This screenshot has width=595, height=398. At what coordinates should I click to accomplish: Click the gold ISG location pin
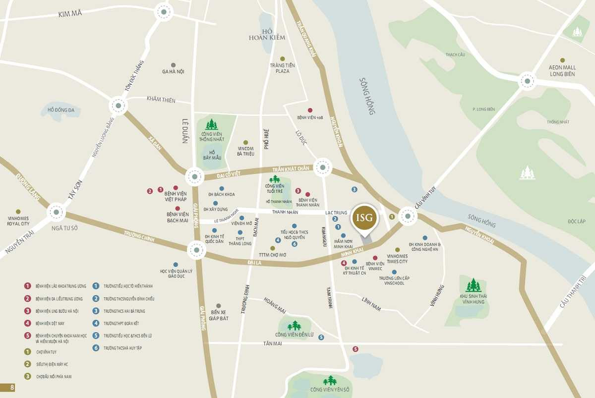364,218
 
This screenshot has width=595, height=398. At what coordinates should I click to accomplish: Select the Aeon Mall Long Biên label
562,70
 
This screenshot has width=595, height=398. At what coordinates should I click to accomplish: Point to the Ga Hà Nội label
173,71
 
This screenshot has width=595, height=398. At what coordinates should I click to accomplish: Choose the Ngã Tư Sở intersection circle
56,213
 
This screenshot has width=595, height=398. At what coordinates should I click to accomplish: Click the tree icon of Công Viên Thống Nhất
212,124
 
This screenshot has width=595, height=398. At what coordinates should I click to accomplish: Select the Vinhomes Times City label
397,258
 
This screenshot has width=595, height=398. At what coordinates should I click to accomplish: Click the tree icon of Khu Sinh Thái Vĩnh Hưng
474,285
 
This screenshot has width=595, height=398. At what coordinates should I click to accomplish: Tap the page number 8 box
7,388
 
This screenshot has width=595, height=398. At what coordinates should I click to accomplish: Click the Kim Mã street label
69,13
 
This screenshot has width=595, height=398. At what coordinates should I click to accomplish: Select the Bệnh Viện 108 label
310,117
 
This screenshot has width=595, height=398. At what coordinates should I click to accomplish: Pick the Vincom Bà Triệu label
245,151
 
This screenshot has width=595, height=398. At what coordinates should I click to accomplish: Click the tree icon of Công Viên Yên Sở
330,380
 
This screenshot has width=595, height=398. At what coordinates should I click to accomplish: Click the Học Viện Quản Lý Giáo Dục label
176,274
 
